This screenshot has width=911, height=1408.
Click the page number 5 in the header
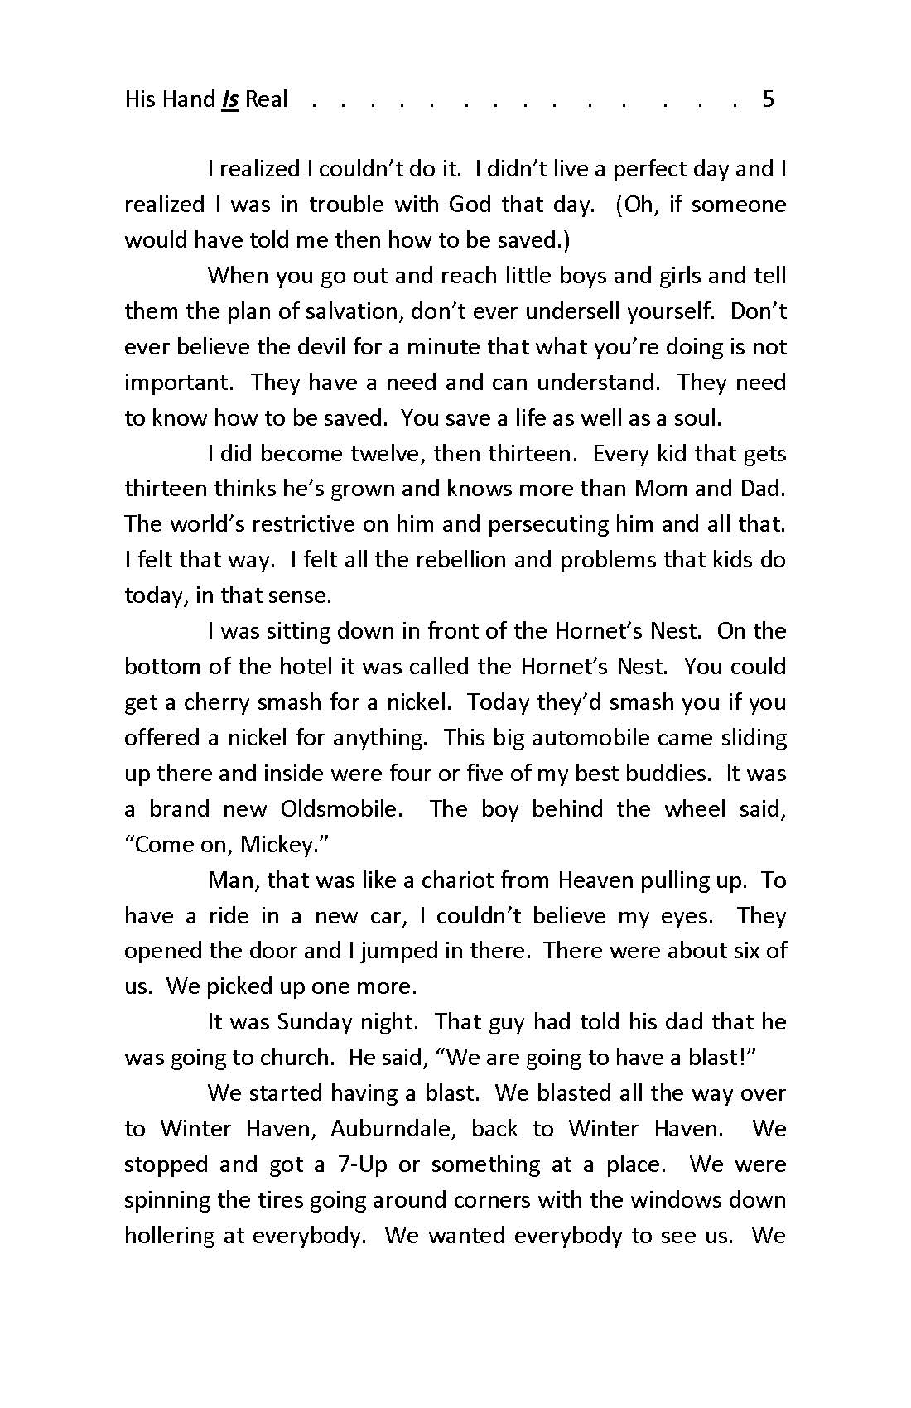[x=768, y=99]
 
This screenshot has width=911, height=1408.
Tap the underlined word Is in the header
[x=230, y=99]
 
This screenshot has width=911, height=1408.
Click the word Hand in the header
[x=188, y=99]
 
